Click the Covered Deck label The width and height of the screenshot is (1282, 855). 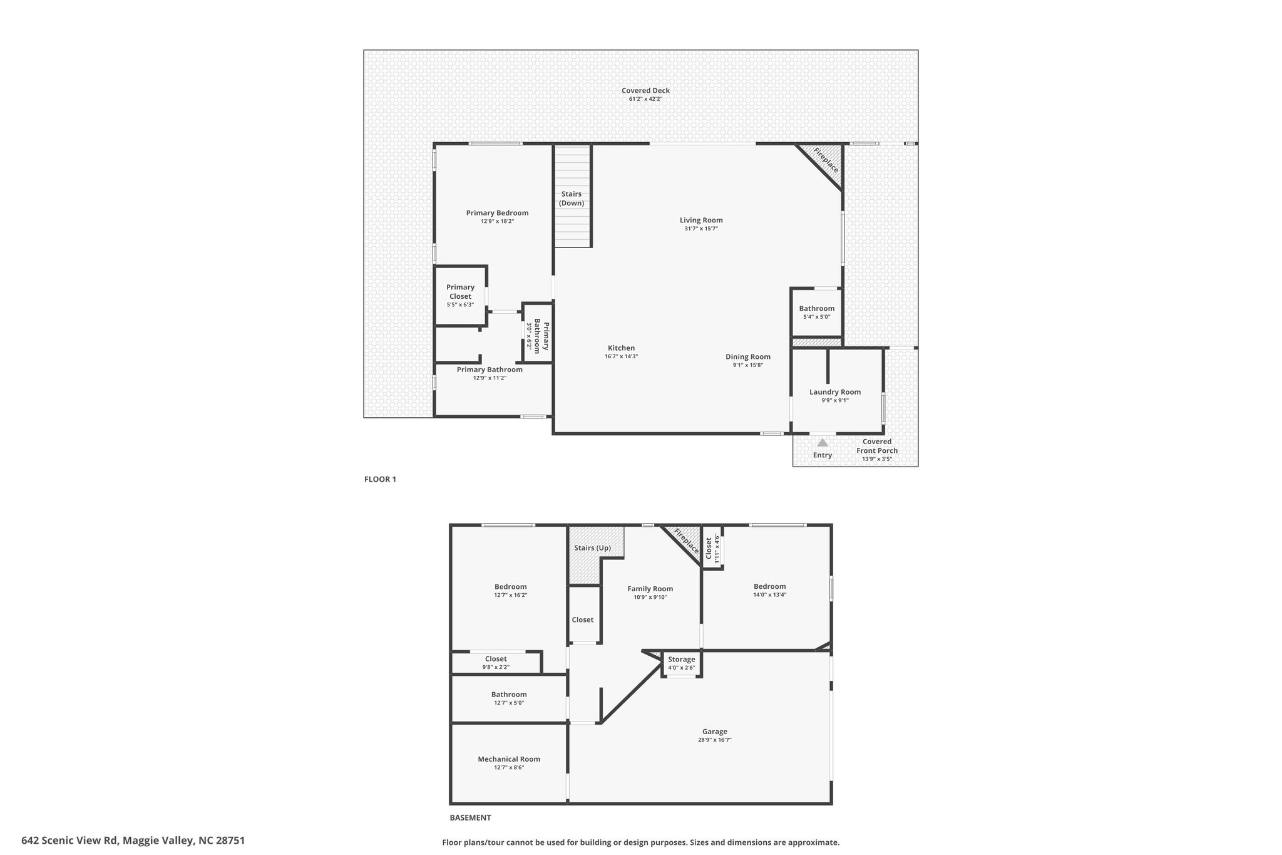pos(645,91)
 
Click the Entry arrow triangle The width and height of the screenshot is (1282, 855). pos(823,442)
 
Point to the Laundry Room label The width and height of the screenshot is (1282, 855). pos(835,392)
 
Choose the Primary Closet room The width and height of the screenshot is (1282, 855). pos(461,296)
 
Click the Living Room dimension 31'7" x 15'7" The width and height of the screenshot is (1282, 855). pos(701,229)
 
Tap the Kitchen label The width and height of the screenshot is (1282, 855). pos(621,348)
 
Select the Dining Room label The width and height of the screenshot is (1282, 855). pos(748,357)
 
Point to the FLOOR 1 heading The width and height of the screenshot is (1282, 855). pos(380,479)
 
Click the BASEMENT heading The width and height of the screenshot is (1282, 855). pos(470,817)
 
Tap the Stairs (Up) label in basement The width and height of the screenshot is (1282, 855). pos(592,548)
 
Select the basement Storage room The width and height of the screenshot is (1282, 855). pos(682,663)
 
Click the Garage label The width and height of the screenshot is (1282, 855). pos(715,732)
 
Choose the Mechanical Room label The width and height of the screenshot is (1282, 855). pos(509,759)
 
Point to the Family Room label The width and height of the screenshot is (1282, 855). pos(650,589)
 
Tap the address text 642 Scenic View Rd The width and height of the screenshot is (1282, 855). pos(69,841)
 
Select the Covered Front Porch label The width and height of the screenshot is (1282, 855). pos(877,446)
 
